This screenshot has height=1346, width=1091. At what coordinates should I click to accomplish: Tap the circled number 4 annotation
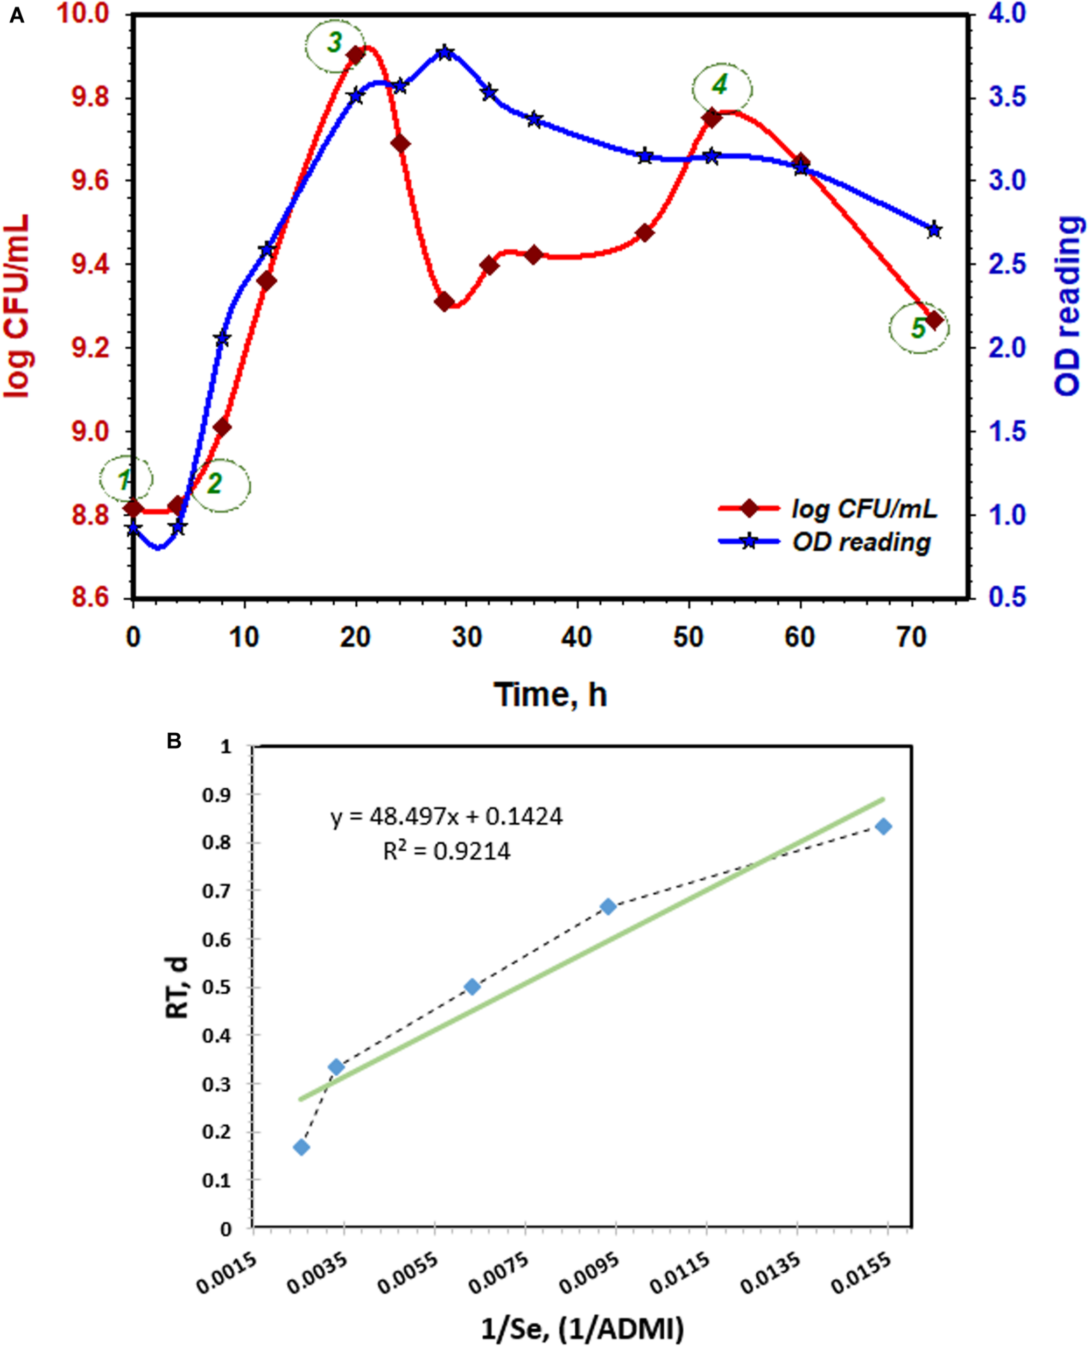721,86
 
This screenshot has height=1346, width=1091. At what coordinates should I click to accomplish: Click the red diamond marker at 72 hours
934,320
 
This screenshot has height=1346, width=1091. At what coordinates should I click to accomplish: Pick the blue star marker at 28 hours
445,53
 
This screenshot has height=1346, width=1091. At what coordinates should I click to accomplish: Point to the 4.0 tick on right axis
1007,14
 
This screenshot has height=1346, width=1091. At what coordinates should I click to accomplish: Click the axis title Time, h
550,695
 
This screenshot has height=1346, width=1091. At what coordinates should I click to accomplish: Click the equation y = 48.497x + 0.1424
446,817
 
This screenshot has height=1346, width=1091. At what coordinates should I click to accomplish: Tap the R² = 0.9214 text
447,851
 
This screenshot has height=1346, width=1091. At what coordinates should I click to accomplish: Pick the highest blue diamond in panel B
884,826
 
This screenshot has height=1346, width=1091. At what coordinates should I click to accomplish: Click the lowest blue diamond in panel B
301,1147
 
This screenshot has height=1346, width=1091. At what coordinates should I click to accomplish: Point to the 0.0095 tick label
588,1273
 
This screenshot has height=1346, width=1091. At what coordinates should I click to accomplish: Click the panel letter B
174,741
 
